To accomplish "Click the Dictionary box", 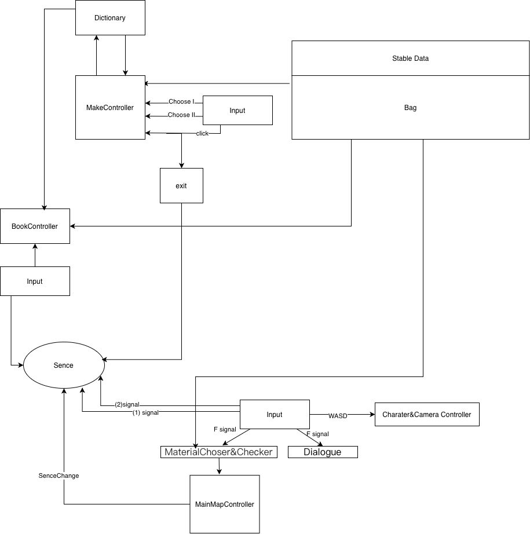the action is [110, 18].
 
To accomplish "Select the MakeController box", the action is [110, 107].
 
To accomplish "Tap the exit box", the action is [181, 185].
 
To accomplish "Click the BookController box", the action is [35, 226].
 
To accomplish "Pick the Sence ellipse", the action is [64, 365].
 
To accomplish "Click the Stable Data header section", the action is [411, 58].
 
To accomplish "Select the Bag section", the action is [411, 107].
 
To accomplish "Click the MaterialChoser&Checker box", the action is [219, 452].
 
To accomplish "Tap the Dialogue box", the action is [323, 452].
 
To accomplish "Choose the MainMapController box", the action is [225, 504].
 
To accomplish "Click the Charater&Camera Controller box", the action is [427, 415].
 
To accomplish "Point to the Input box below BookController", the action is [35, 281].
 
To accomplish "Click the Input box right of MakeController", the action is [237, 111].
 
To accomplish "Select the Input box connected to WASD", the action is [275, 415].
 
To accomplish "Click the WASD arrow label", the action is [338, 416].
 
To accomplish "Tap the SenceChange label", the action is [59, 476].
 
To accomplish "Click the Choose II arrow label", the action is [181, 115].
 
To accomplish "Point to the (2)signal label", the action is [127, 405].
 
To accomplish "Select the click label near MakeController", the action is [202, 133].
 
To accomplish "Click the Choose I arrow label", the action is [181, 101].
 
